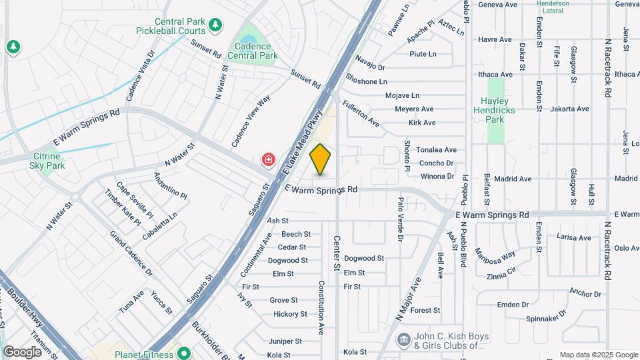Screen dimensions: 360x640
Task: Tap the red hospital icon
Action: click(x=268, y=160)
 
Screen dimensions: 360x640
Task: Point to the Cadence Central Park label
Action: click(x=253, y=51)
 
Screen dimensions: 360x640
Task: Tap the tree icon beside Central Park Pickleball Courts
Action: click(x=215, y=25)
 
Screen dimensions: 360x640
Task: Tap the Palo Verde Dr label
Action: click(x=401, y=219)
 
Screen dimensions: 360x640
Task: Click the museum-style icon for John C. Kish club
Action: click(x=403, y=341)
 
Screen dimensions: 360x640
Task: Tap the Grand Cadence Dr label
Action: click(x=131, y=253)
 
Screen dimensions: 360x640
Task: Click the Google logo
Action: click(x=22, y=352)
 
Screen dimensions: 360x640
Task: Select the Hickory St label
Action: click(x=290, y=314)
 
